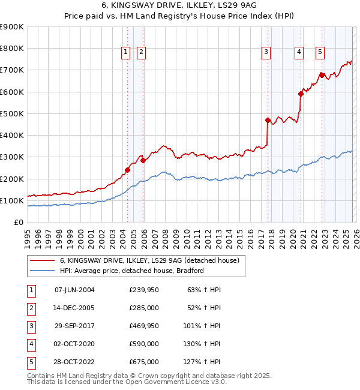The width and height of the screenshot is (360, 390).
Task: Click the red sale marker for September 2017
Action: [x=268, y=120]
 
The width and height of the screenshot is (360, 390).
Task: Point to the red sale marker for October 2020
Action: [x=301, y=94]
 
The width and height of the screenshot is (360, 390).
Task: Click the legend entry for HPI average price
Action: [x=132, y=271]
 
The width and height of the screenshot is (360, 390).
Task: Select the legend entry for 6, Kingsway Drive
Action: [x=149, y=260]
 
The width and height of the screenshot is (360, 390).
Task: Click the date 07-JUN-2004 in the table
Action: [x=74, y=290]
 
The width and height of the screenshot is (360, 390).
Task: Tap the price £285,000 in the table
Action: [x=144, y=308]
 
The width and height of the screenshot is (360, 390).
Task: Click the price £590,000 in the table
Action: [x=144, y=344]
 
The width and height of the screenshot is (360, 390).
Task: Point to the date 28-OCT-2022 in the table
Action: [x=74, y=362]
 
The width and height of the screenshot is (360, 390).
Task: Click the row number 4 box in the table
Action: [x=30, y=344]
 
